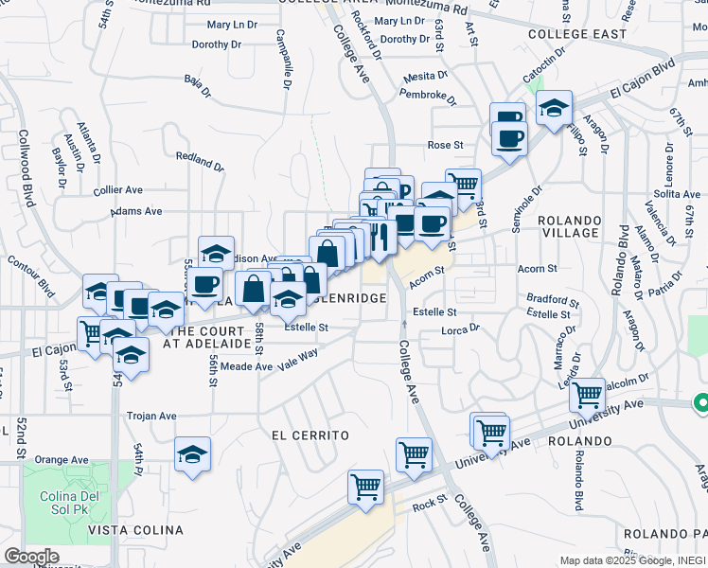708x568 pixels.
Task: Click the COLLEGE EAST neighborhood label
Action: [577, 34]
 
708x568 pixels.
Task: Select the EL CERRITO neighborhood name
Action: [310, 435]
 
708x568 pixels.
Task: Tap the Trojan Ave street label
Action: [152, 416]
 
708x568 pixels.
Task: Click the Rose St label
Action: [444, 146]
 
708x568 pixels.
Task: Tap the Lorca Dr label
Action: [461, 330]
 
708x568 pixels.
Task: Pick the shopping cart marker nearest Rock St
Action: [365, 488]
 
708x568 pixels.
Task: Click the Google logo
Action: [31, 557]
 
